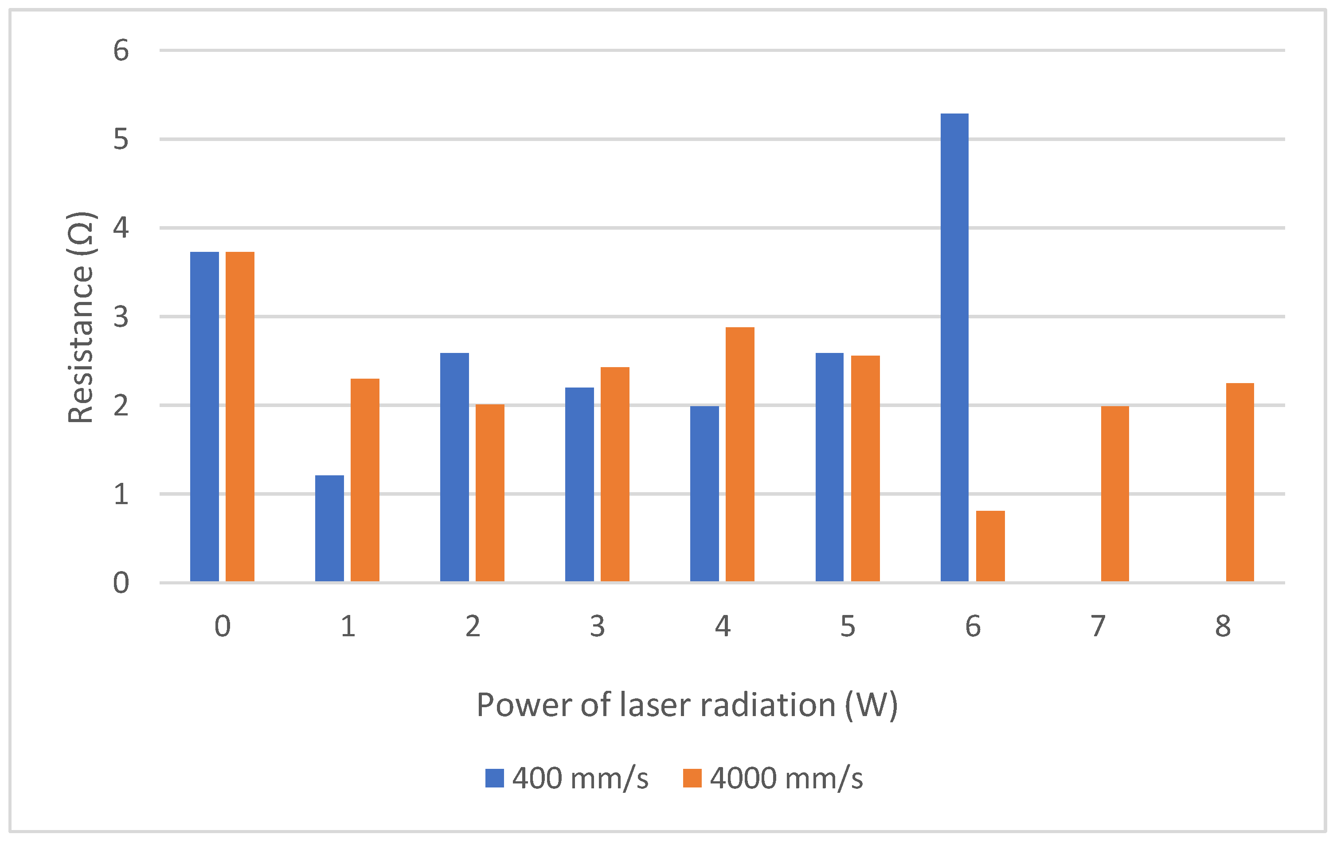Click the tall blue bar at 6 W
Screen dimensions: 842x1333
[954, 347]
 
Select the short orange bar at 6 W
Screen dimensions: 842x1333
[990, 546]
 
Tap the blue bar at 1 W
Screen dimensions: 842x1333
[329, 528]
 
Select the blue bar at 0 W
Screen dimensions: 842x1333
[204, 416]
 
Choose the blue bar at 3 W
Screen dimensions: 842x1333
[579, 484]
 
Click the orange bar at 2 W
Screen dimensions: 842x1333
[490, 493]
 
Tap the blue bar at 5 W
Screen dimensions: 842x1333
[829, 467]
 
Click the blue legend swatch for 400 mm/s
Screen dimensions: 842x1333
[494, 778]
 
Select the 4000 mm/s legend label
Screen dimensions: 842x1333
[786, 778]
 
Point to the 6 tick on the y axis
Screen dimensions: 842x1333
[121, 51]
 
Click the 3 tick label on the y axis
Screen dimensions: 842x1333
[121, 317]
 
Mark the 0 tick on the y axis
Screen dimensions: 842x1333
[121, 583]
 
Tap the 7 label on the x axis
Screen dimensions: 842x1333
[1098, 627]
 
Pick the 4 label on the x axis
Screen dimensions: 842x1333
[723, 627]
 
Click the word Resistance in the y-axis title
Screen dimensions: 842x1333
[81, 345]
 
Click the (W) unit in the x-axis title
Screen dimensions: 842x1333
[871, 705]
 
